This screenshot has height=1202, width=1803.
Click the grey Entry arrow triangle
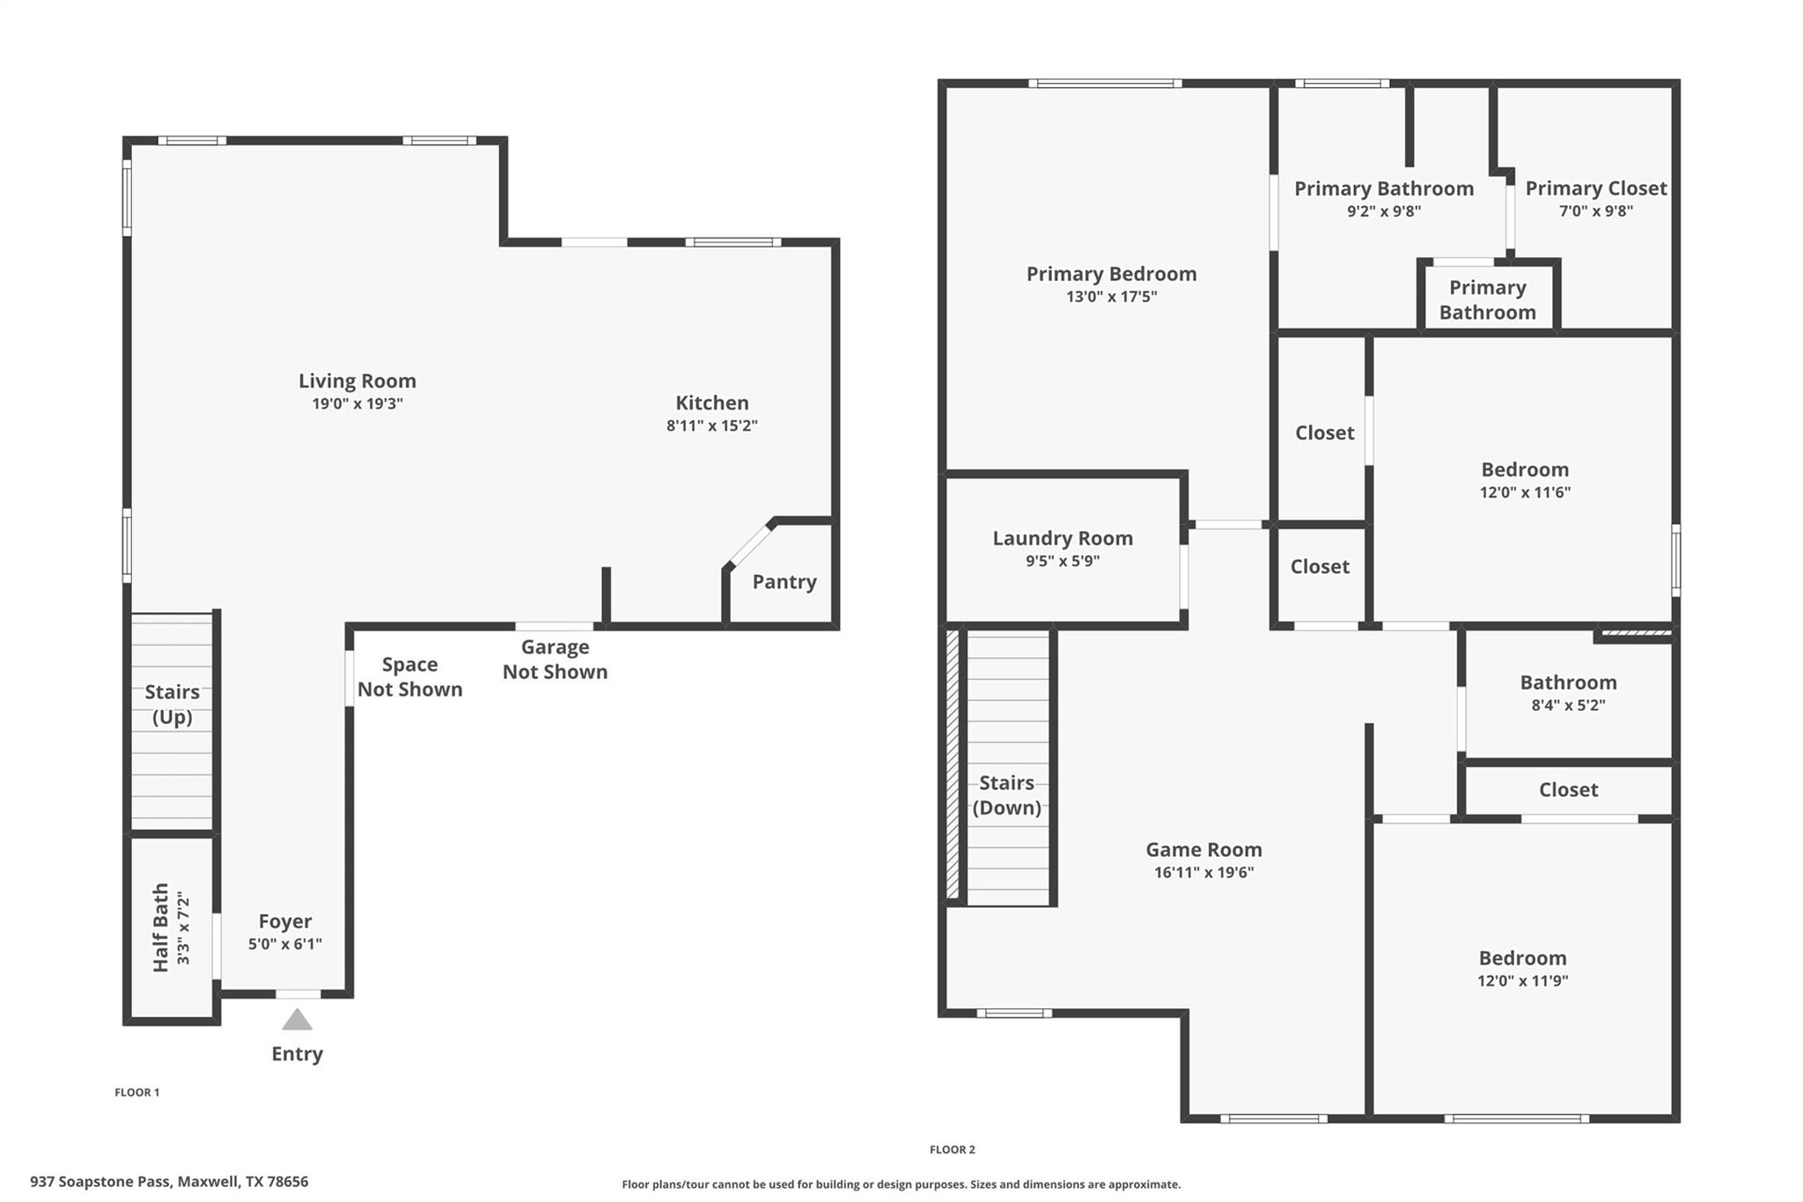[x=297, y=1021]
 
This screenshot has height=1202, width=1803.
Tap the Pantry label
[x=784, y=581]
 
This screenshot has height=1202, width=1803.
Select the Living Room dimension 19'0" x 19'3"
[x=357, y=404]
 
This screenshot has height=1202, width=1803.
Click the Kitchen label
[x=711, y=402]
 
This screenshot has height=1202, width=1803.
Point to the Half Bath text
[x=161, y=927]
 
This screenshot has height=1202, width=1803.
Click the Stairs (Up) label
[x=172, y=704]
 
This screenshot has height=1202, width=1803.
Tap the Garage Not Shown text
[x=555, y=659]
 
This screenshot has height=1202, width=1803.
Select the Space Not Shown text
[x=409, y=676]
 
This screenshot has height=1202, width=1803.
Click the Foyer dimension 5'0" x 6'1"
[x=284, y=944]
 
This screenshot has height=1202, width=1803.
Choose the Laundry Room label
[x=1062, y=538]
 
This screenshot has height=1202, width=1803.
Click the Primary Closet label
[x=1595, y=188]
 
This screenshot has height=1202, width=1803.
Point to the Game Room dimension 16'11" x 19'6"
[x=1203, y=873]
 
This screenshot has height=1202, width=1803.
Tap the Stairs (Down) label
[x=1006, y=794]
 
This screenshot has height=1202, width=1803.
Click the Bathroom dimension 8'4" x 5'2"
[x=1568, y=705]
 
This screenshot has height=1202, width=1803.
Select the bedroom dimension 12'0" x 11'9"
[x=1522, y=981]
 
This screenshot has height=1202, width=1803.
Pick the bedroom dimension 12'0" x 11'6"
[x=1524, y=492]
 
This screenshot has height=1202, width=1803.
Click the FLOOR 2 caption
[x=952, y=1149]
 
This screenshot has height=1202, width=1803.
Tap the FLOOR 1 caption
[x=136, y=1092]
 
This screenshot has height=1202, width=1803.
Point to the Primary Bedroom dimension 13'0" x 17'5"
[x=1111, y=297]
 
